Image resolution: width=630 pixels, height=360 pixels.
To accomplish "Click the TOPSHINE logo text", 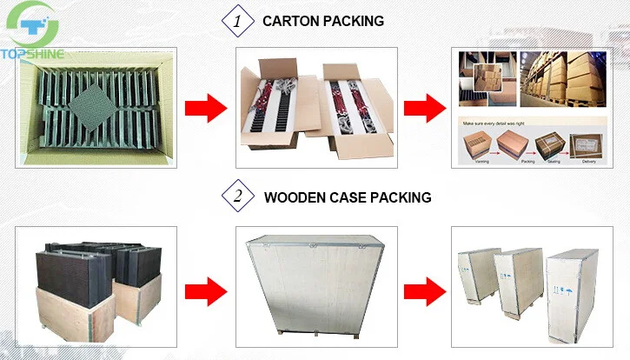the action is point(34,54).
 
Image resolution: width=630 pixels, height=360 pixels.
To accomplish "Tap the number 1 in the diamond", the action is point(234,19).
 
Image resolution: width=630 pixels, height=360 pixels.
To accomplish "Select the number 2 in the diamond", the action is point(234,197).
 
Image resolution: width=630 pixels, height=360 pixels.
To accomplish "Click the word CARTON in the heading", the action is point(294,20).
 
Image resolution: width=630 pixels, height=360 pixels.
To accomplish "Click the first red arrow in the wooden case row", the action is point(205,286).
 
